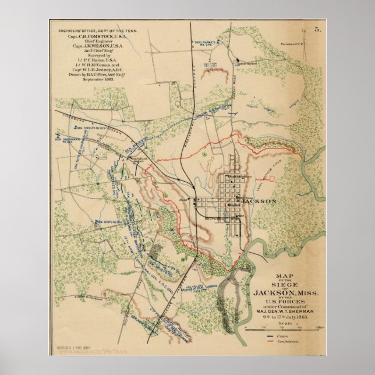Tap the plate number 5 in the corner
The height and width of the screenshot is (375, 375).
(317, 28)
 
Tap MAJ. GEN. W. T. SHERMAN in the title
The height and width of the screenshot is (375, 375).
(285, 311)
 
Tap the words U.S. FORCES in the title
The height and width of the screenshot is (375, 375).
(285, 299)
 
